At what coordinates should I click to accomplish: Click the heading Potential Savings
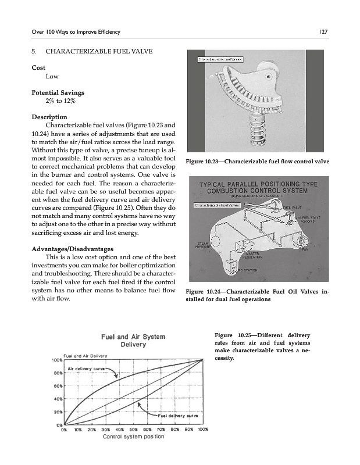[58, 92]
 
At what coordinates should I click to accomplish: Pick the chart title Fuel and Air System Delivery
[134, 340]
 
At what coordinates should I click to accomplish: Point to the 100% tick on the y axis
[56, 360]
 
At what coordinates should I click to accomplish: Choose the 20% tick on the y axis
[58, 412]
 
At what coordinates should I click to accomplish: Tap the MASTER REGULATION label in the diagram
[252, 256]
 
